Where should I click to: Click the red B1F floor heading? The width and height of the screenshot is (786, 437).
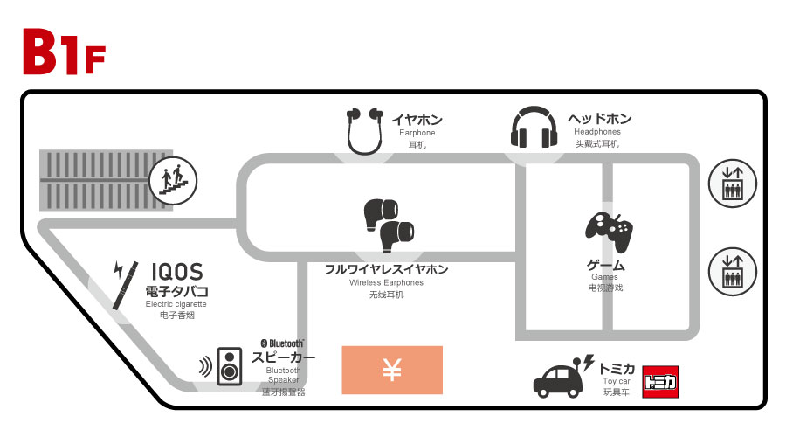[63, 52]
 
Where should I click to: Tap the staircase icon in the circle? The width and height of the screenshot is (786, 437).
[172, 182]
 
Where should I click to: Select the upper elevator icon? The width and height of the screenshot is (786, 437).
[732, 183]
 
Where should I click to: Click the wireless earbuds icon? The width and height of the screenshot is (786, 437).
[388, 225]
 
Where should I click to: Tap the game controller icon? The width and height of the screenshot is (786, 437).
[609, 232]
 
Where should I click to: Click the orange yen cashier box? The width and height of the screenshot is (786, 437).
[392, 370]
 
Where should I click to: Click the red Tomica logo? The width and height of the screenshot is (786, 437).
[659, 382]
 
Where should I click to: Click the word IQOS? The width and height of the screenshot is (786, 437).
[177, 271]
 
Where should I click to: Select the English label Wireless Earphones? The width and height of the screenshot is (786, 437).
[386, 283]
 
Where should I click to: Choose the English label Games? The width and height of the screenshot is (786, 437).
[604, 277]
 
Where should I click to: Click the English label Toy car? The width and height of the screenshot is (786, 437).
[617, 380]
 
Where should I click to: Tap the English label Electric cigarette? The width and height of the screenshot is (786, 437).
[176, 304]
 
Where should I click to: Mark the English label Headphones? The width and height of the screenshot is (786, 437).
[597, 132]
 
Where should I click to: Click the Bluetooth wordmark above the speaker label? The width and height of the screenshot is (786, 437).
[283, 343]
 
